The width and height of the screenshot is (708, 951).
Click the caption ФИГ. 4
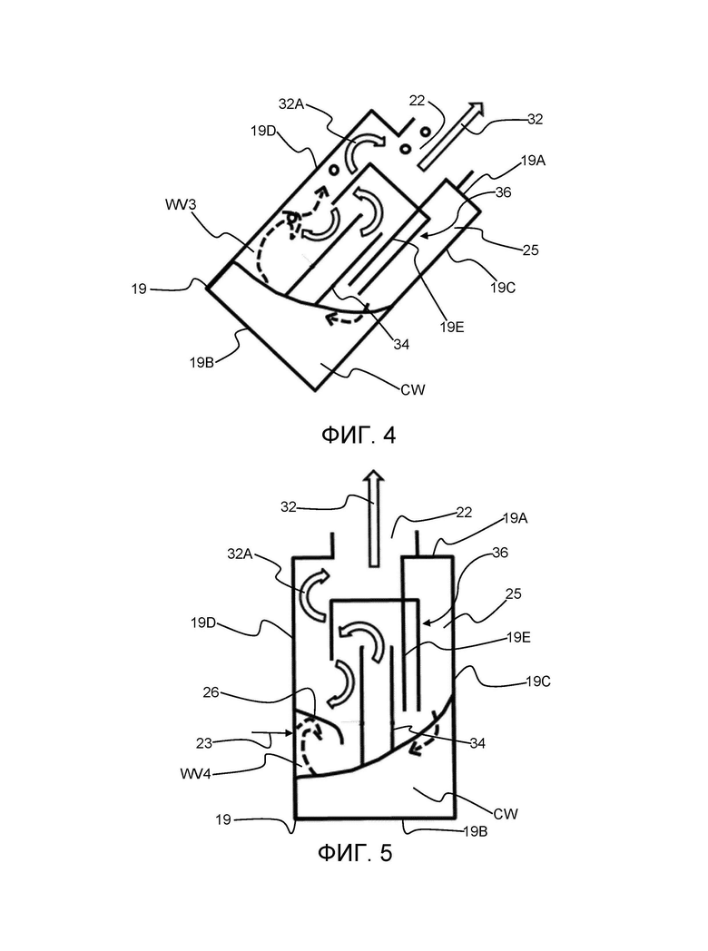358,435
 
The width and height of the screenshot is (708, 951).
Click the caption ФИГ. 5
356,853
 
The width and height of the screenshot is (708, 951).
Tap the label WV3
181,204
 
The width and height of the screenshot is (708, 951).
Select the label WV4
195,774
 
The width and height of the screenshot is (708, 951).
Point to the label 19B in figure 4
202,363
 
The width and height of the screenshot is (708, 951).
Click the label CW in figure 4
413,389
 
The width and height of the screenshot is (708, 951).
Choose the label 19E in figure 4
452,327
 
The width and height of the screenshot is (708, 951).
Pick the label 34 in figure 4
401,345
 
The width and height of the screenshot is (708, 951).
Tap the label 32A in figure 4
291,104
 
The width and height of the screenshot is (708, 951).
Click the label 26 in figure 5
211,692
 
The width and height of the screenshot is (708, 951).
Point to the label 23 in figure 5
204,743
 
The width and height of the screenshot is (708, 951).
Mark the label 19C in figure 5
538,681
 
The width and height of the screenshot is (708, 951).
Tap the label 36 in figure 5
500,553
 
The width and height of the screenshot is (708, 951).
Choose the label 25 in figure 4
530,250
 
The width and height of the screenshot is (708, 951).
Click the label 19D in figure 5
203,623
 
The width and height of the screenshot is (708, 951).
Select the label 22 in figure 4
417,101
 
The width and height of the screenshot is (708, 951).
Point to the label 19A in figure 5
515,518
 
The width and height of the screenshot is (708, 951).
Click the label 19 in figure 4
139,289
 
